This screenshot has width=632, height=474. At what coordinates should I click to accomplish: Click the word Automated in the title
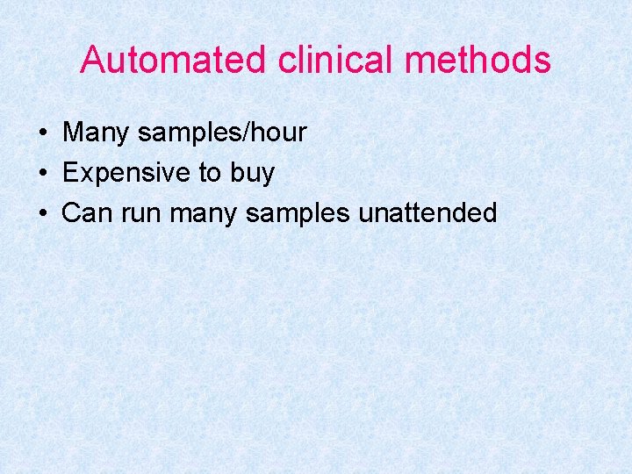pos(173,60)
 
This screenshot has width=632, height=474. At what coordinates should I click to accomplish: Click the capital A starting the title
pos(92,60)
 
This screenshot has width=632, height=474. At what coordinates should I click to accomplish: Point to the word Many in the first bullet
pos(95,133)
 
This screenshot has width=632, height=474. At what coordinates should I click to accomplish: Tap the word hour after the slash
pos(276,133)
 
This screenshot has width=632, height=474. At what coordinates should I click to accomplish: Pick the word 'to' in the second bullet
pos(210,173)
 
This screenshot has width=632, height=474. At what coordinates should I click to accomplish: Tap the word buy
pos(253,174)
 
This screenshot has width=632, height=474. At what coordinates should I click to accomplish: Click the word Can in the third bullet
pos(84,212)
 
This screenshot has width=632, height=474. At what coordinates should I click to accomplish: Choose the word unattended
pos(427,212)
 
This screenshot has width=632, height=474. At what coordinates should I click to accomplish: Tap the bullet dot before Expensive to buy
pos(42,174)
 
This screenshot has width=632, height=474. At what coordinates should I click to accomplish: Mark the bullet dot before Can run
pos(42,213)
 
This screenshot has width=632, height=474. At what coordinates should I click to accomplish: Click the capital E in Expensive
pos(70,173)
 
